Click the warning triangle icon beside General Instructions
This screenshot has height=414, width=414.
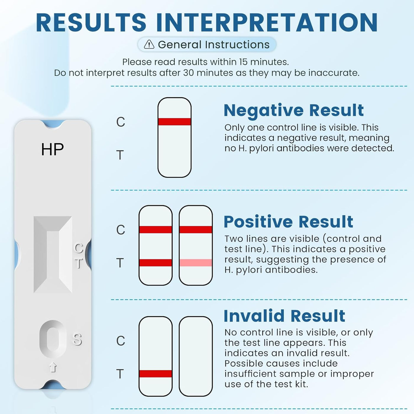(149, 44)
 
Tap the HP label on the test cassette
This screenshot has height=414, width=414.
(52, 149)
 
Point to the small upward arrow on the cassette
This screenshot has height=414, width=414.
(53, 367)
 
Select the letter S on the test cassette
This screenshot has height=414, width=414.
(77, 339)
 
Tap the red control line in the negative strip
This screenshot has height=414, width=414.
(174, 122)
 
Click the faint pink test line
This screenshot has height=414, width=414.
(196, 263)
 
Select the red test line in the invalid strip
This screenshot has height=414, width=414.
(156, 373)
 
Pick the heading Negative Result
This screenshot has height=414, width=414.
(294, 111)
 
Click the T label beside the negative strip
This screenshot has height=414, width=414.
(120, 155)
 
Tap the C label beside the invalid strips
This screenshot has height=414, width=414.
(121, 341)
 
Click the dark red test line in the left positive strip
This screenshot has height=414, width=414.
(156, 263)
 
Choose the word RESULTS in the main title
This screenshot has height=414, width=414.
(91, 22)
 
